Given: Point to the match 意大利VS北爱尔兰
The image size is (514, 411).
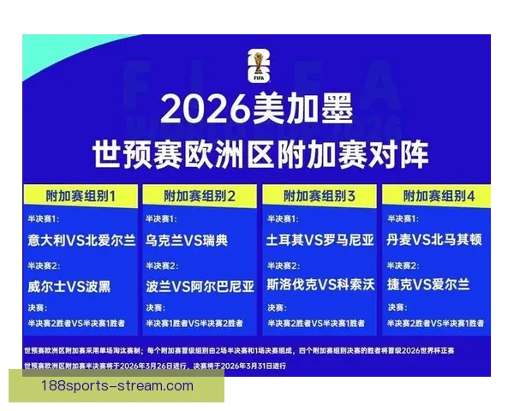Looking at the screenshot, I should pos(81,241).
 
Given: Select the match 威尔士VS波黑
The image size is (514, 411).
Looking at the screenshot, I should pos(68,285).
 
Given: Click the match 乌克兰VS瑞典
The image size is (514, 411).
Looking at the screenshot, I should pos(187,241).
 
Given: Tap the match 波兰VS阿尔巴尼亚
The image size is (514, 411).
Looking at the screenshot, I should pos(200,285).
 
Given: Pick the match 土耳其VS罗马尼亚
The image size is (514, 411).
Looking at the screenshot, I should pos(320,241).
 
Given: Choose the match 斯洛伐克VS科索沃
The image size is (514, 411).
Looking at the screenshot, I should pos(320,285).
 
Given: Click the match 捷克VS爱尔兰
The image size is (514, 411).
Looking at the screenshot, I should pos(427,285).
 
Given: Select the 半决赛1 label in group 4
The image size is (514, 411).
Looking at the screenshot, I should pos(403,219).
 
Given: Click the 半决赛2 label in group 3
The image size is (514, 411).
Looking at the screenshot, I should pos(283,265).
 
